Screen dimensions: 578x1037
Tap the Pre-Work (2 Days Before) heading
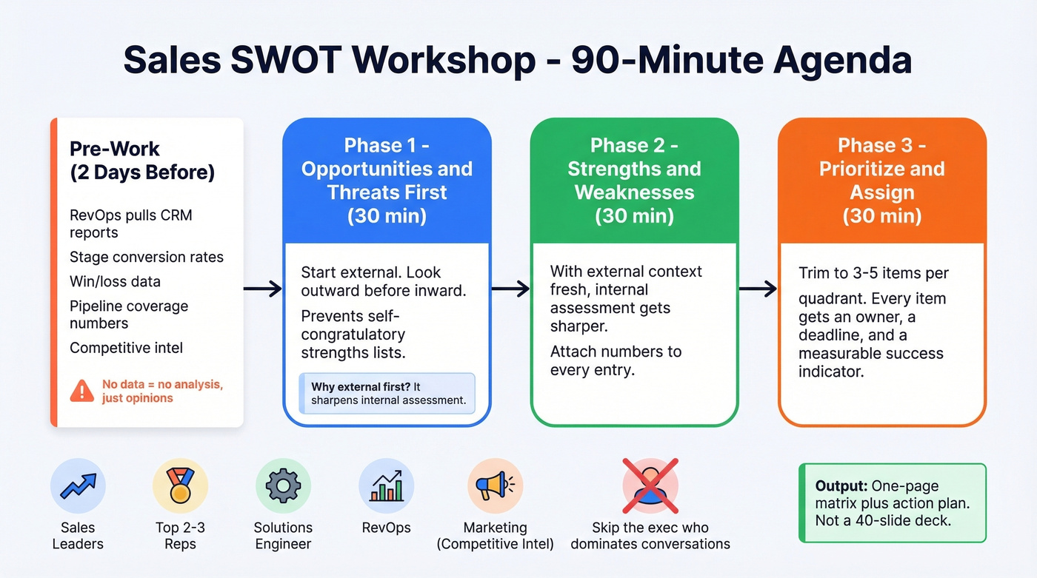142,160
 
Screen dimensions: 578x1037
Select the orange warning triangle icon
81,391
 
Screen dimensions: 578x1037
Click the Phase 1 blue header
387,181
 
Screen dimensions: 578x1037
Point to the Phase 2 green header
634,181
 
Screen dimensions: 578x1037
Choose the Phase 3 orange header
881,181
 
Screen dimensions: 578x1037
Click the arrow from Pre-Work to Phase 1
263,289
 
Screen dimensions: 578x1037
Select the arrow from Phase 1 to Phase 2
510,289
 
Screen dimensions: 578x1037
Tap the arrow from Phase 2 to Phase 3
758,289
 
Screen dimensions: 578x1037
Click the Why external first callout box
387,393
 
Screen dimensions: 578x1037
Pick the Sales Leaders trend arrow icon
78,486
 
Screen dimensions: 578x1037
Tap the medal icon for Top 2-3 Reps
180,486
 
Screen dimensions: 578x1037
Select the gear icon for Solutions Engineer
283,486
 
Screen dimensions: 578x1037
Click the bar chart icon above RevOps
386,486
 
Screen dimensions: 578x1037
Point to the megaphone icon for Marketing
495,486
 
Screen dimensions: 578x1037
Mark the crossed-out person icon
650,486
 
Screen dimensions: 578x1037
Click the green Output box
892,503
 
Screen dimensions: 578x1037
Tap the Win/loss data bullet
115,282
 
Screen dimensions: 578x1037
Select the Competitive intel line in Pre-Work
126,348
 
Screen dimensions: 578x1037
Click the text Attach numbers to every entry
616,360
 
